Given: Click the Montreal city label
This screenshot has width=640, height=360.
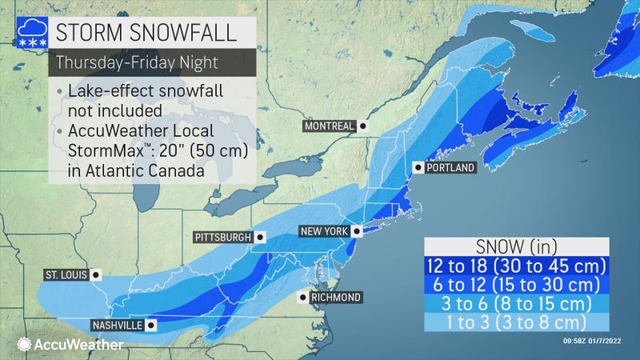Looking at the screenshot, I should click(328, 126).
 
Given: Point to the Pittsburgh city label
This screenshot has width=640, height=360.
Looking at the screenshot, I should click(223, 238).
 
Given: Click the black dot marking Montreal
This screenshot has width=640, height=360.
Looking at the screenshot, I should click(362, 126).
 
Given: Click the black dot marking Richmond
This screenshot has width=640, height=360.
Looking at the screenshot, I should click(302, 298).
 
